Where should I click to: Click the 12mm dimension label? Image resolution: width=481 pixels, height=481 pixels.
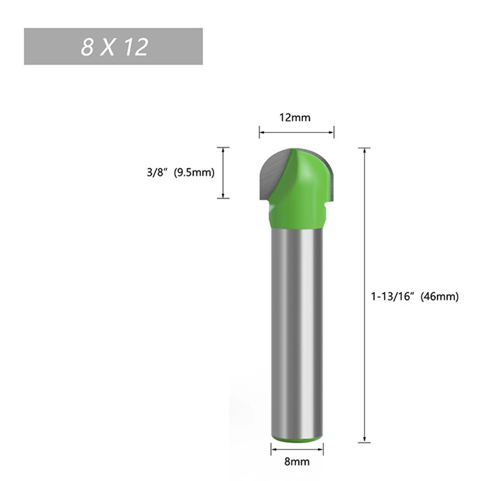tap(296, 117)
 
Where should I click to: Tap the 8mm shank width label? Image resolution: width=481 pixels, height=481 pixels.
tap(296, 462)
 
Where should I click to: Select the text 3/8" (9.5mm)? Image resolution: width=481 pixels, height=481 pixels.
tap(180, 173)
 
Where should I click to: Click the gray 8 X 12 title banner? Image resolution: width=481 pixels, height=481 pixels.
tap(113, 46)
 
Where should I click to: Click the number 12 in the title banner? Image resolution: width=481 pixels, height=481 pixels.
tap(135, 48)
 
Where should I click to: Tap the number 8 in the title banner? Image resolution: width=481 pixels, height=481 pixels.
tap(87, 48)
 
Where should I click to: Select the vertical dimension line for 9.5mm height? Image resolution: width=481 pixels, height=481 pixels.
tap(223, 173)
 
